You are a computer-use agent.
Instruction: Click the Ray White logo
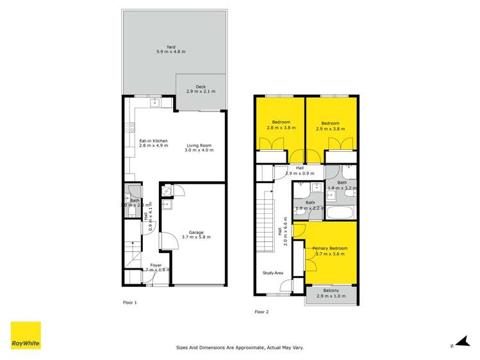pyautogui.click(x=25, y=334)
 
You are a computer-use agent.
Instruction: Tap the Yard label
pyautogui.click(x=171, y=47)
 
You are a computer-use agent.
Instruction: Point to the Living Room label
pyautogui.click(x=199, y=145)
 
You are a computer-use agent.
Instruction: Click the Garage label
pyautogui.click(x=196, y=232)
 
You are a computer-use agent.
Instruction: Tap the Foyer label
pyautogui.click(x=156, y=265)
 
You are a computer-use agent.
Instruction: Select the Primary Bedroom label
pyautogui.click(x=330, y=248)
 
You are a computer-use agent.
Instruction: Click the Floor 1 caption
pyautogui.click(x=130, y=302)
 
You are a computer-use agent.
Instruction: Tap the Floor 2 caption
pyautogui.click(x=261, y=312)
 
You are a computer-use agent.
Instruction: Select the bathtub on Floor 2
pyautogui.click(x=340, y=213)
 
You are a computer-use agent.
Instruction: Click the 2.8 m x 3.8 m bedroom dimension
pyautogui.click(x=281, y=128)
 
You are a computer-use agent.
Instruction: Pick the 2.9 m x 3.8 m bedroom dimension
pyautogui.click(x=330, y=128)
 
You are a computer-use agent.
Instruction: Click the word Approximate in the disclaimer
pyautogui.click(x=243, y=348)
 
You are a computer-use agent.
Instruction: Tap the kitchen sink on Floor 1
pyautogui.click(x=154, y=102)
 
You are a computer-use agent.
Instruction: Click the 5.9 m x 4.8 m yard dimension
pyautogui.click(x=171, y=52)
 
